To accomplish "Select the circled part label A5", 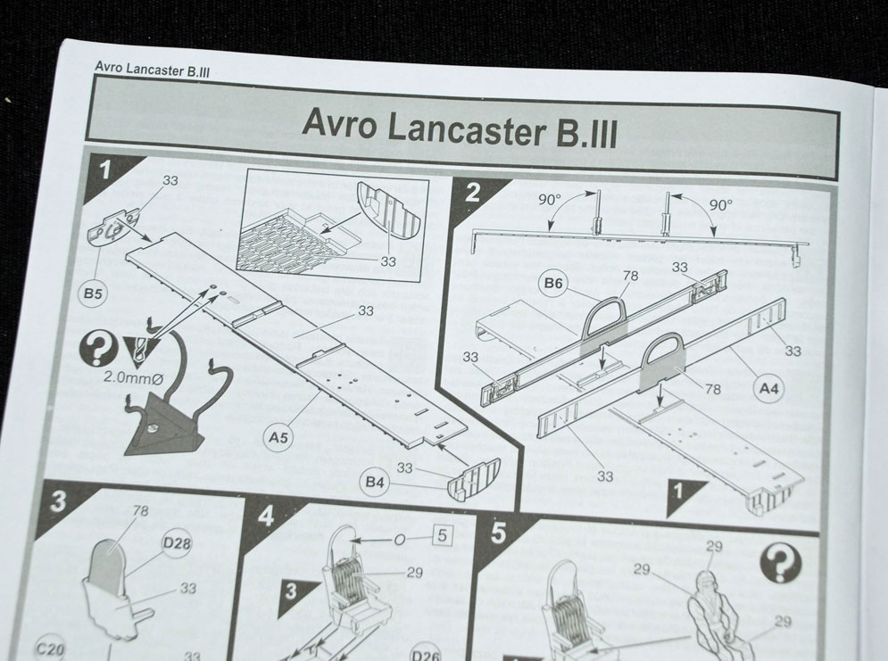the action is pos(278,437).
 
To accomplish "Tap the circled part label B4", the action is pos(375,482).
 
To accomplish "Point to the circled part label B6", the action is pos(552,283).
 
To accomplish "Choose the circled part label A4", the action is pos(768,389).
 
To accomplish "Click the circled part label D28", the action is pos(177,543).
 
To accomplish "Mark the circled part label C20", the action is pos(50,648).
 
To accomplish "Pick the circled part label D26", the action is pos(426,654).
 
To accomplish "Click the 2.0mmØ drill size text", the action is pos(129,377).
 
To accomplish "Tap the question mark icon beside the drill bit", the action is pos(97,349).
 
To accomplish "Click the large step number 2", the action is pos(472,193).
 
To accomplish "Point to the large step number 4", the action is pos(265,516).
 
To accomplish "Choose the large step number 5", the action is pos(498,533).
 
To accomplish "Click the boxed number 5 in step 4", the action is pos(443,535).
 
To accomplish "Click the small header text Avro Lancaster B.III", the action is pos(152,69).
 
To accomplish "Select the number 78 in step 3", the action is pos(140,511).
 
